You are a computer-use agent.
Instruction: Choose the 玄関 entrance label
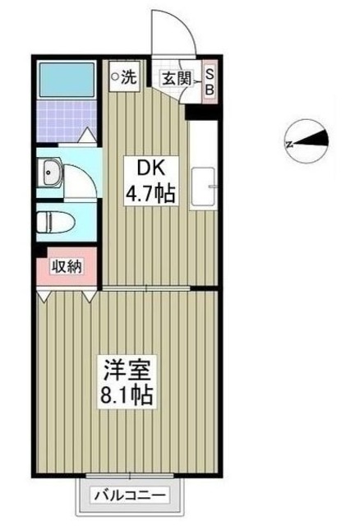tap(177, 79)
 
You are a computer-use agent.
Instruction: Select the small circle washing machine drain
tap(116, 78)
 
